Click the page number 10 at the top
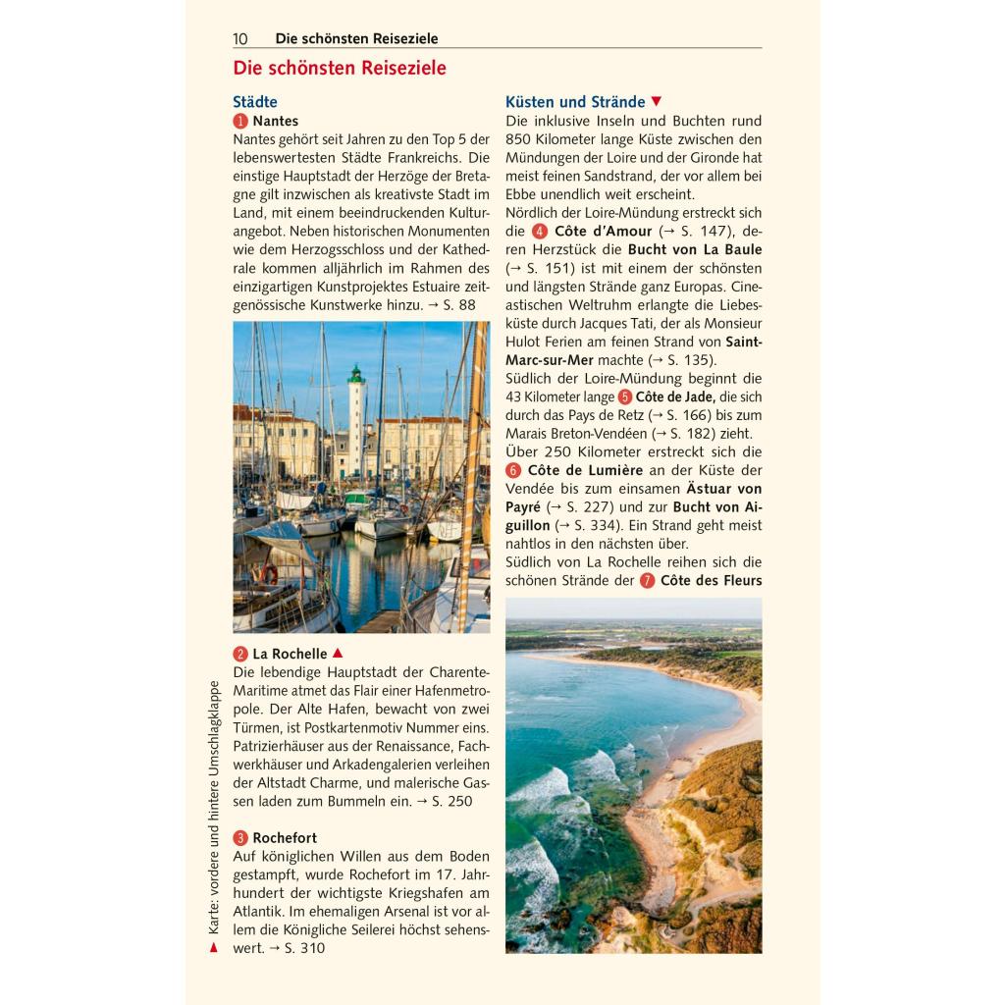coord(240,39)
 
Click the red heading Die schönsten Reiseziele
coord(340,69)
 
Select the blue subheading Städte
coord(255,102)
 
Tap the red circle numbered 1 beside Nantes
coord(240,121)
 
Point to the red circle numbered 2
coord(240,654)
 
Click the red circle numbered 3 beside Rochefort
coord(240,838)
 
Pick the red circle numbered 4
coord(540,232)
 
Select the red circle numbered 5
coord(625,397)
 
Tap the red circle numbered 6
coord(513,470)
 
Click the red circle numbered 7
coord(647,581)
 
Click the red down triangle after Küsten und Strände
coord(657,101)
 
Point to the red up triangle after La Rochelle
coord(338,653)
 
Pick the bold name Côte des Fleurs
coord(712,581)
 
